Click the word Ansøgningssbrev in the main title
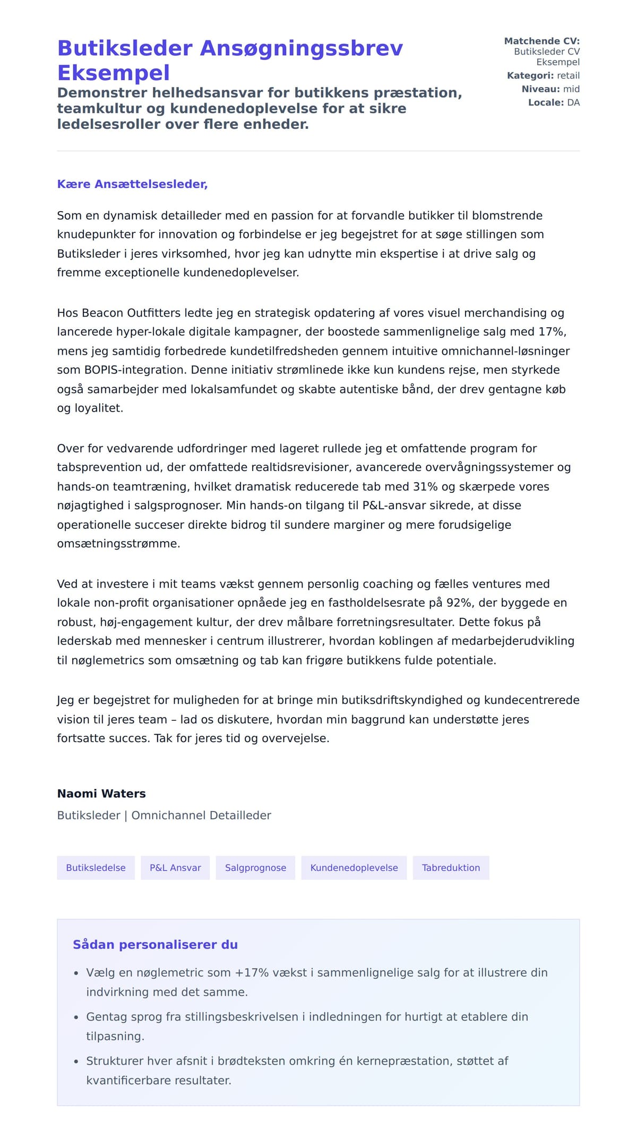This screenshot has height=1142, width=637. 301,48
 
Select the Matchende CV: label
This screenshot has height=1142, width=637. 541,41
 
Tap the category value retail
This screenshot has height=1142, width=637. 568,75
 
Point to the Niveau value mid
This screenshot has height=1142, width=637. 571,89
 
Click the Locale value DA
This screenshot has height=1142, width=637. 573,102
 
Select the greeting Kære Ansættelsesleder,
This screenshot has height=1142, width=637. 132,184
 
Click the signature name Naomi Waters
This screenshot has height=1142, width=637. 101,794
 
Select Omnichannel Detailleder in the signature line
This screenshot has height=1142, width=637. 201,815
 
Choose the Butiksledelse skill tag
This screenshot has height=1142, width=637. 96,868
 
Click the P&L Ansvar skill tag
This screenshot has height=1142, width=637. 175,868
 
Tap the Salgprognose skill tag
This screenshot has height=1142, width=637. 255,868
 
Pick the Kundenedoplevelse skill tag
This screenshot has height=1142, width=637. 354,868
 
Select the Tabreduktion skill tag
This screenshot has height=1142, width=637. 451,868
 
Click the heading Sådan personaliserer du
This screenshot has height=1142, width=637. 155,945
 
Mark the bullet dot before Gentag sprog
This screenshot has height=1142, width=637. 76,1017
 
